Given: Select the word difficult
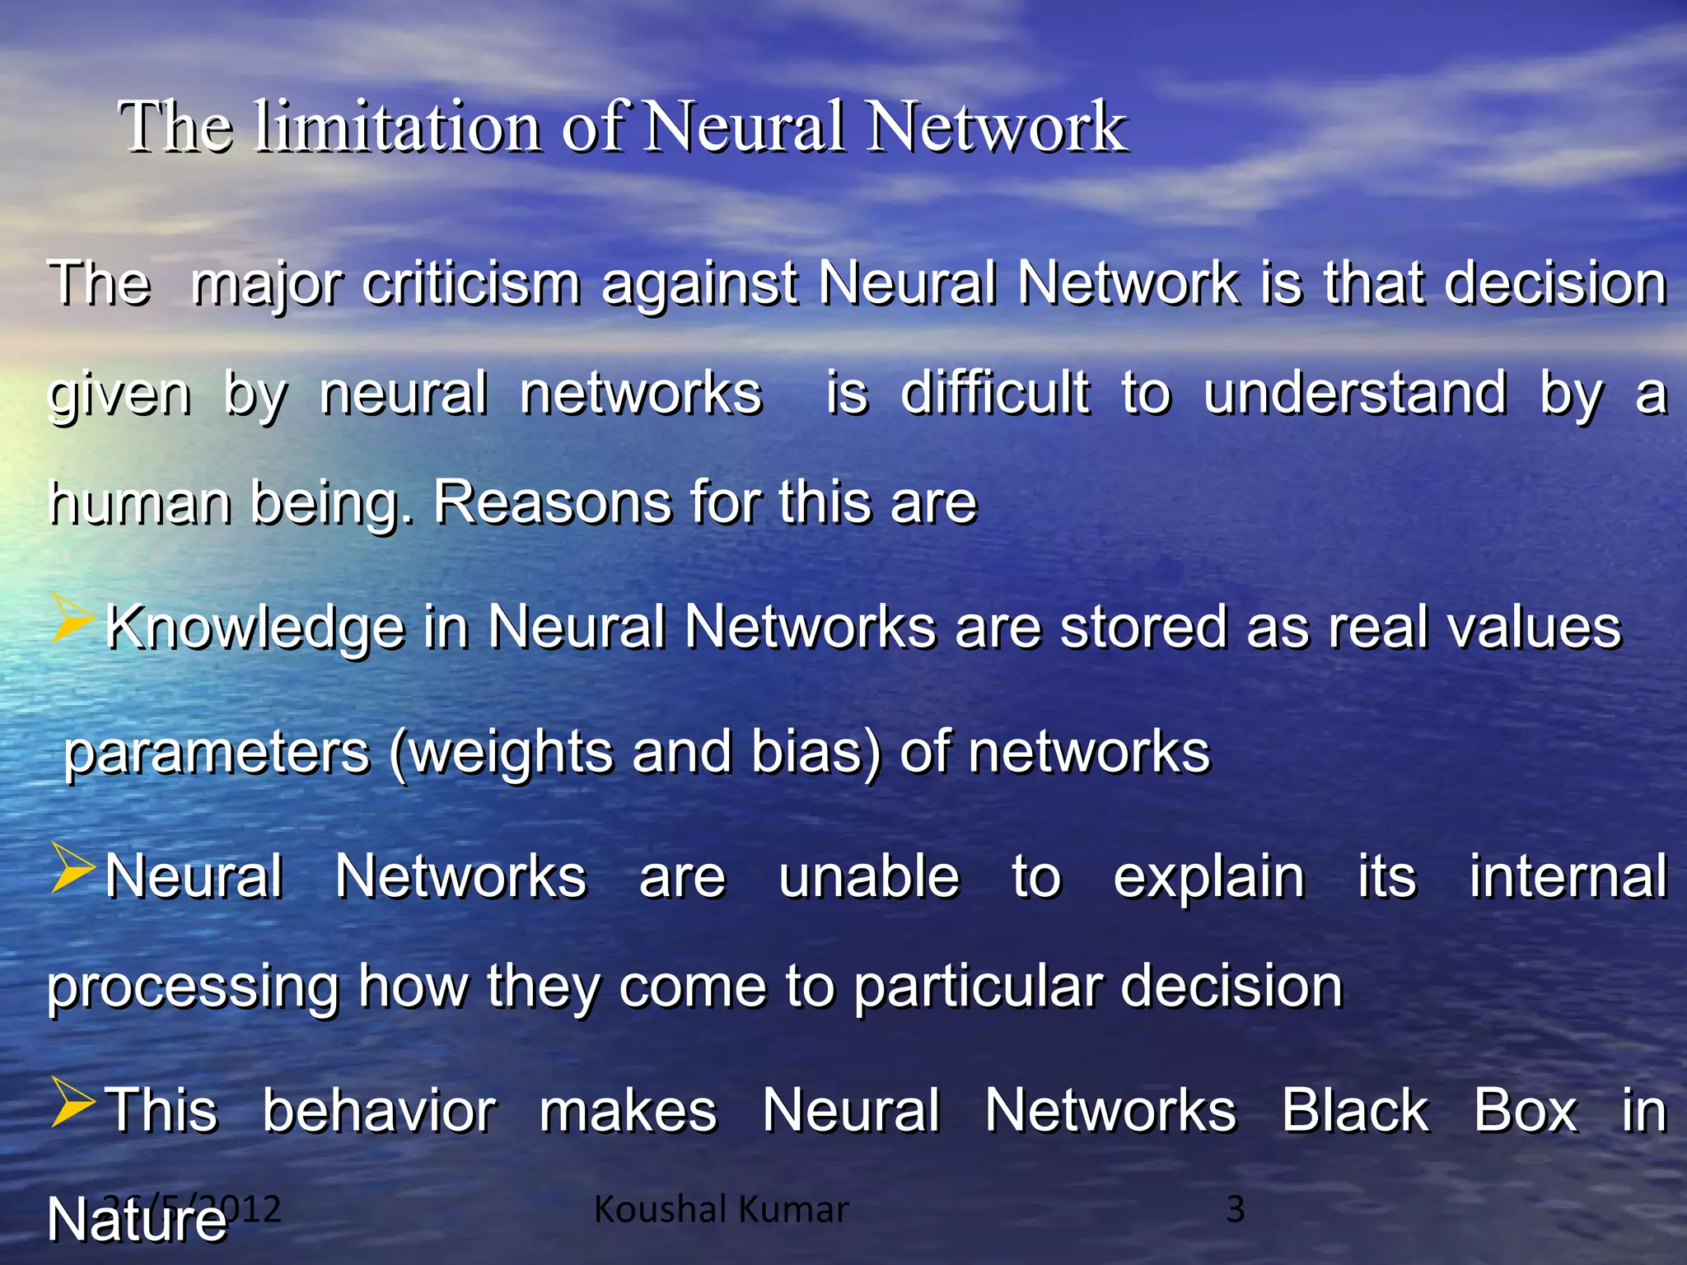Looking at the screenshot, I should pos(995,393).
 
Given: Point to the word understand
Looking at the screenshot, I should pos(1355,393).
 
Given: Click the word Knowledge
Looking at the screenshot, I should pos(255,628).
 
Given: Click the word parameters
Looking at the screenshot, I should pos(217,753).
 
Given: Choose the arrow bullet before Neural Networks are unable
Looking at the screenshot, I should pos(72,868).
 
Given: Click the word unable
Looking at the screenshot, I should pos(869,876).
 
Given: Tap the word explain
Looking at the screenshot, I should pos(1208,876).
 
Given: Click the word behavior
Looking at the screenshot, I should pos(380,1110).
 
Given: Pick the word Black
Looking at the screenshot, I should pos(1355,1110).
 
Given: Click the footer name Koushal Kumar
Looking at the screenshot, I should pos(721,1209).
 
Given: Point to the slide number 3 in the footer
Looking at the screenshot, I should pos(1235,1209).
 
